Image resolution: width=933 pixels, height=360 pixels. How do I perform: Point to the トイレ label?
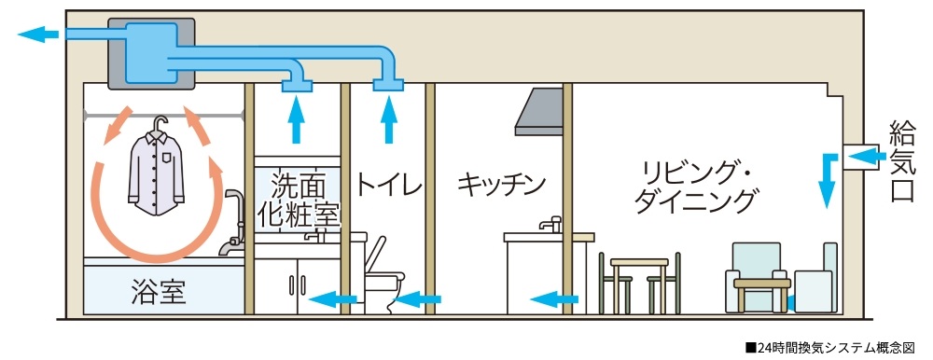[x=387, y=179]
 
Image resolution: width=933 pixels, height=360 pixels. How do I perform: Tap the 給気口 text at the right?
[x=901, y=161]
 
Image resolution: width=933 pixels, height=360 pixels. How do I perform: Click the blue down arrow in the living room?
[x=826, y=179]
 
